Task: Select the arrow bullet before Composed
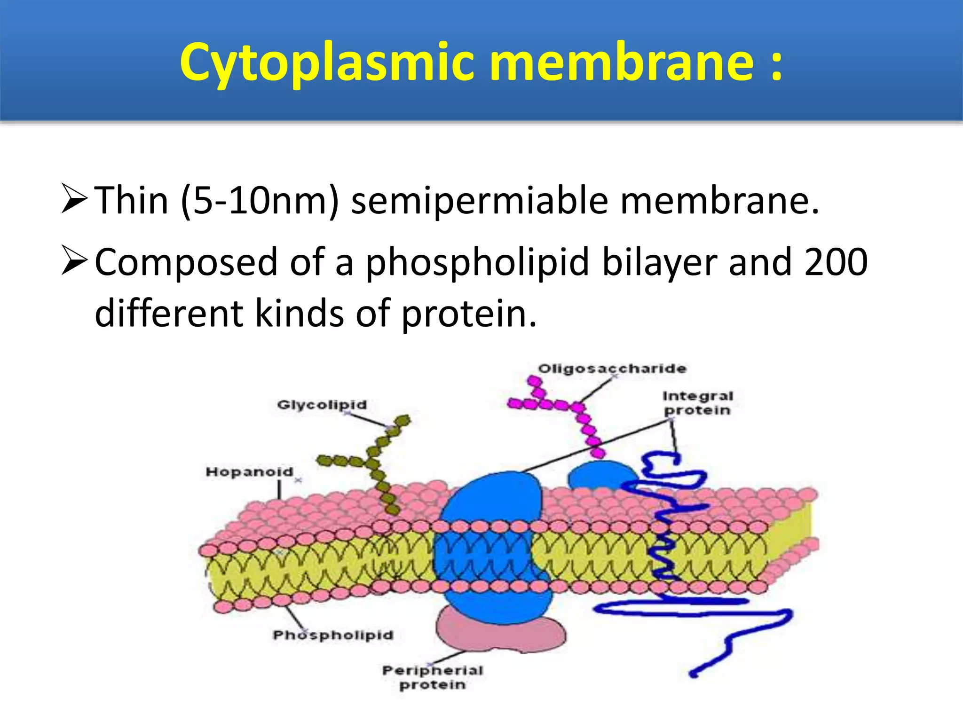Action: tap(74, 261)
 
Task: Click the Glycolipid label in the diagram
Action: tap(322, 405)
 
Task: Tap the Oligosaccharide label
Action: tap(612, 369)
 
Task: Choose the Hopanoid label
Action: tap(249, 472)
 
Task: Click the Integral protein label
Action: tap(697, 403)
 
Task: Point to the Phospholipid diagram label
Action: tap(333, 635)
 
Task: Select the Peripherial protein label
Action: tap(432, 677)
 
